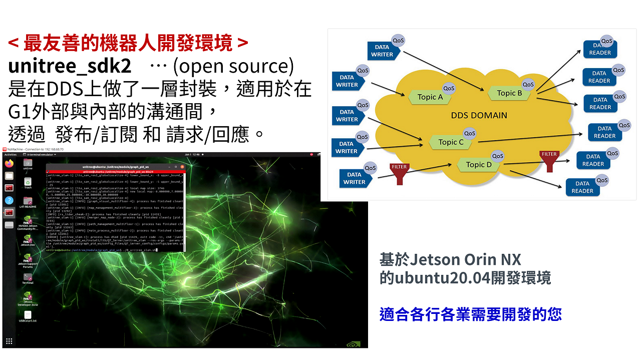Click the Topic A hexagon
[430, 97]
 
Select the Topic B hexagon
[509, 93]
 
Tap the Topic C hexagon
[451, 142]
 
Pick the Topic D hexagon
[479, 165]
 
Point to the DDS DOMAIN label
[479, 115]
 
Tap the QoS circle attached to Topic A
[449, 88]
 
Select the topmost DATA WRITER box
[382, 51]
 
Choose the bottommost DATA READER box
[582, 187]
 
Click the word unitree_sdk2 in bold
[70, 67]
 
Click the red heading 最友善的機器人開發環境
[128, 44]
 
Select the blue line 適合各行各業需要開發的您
[470, 314]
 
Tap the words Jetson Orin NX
[465, 259]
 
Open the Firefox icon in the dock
[9, 163]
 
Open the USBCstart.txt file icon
[28, 315]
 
